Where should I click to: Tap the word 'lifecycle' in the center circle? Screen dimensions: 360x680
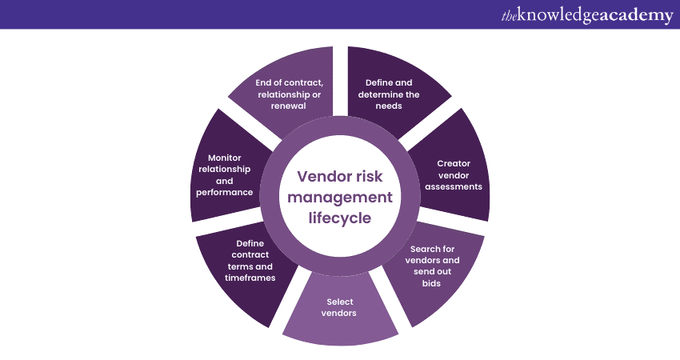(340, 217)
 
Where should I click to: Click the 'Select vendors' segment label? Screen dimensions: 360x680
(339, 307)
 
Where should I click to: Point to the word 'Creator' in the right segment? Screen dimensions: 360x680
(454, 163)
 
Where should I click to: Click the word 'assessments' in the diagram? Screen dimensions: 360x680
(454, 186)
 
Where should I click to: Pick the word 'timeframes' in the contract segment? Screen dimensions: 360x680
(250, 278)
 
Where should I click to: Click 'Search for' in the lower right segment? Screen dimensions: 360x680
(431, 249)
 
